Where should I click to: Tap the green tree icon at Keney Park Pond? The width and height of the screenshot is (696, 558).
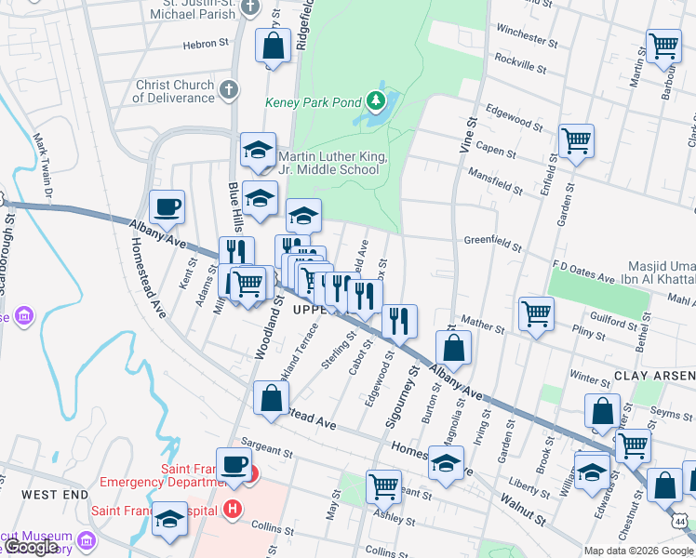click(375, 100)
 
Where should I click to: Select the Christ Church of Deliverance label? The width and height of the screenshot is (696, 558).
click(174, 91)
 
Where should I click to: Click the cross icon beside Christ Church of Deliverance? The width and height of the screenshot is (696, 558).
click(231, 89)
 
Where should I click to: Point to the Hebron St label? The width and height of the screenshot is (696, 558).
click(206, 44)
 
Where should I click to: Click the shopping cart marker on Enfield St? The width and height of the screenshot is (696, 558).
click(577, 140)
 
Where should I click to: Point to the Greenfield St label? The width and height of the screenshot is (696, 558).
click(492, 243)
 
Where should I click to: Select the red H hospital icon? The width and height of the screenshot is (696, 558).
click(233, 510)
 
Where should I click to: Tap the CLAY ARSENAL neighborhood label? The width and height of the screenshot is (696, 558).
click(654, 375)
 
